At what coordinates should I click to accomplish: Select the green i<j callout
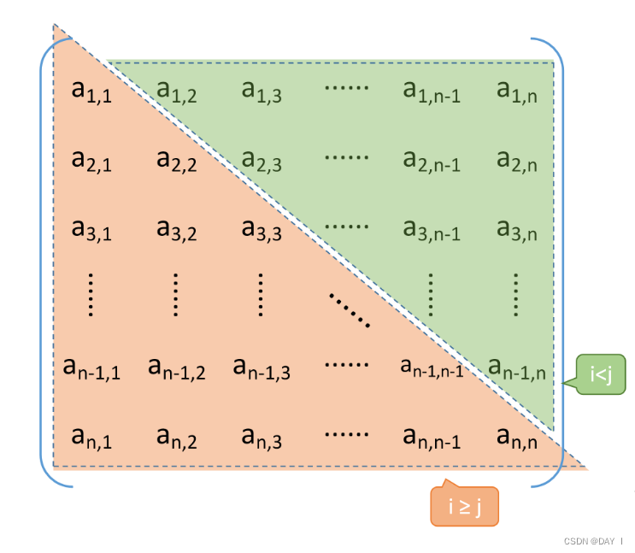point(601,374)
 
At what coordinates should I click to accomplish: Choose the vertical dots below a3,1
point(91,295)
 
